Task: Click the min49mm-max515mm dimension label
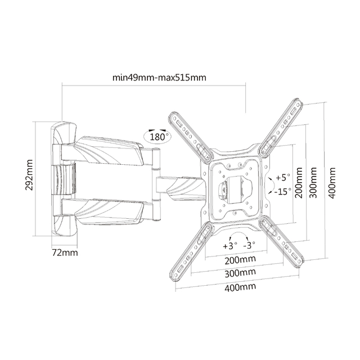(159, 78)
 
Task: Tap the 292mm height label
(29, 175)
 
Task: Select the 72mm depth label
(65, 253)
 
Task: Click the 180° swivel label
(157, 137)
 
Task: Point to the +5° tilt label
(283, 177)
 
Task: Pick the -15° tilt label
(282, 191)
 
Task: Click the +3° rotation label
(230, 246)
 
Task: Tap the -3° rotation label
(249, 246)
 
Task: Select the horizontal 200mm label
(240, 260)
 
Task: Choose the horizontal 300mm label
(240, 273)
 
